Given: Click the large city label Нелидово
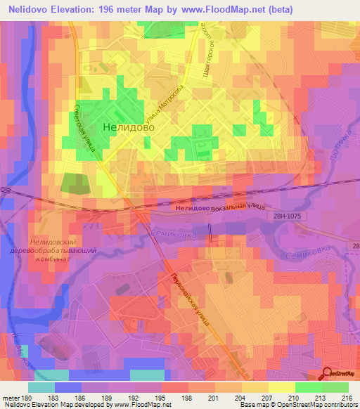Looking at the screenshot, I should (x=129, y=128).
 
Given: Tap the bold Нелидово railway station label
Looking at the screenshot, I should (x=192, y=209).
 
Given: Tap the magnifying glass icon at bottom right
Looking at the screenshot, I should (x=326, y=373).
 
